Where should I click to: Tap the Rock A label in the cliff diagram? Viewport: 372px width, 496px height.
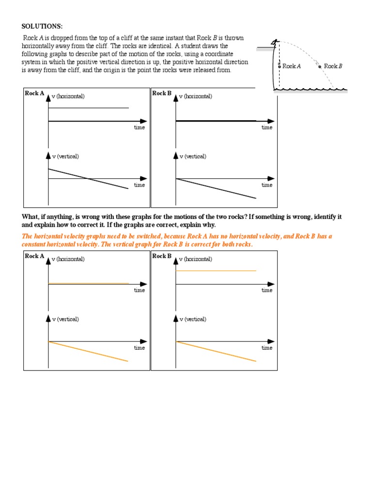292,66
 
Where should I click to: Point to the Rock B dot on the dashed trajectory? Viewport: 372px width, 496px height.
320,66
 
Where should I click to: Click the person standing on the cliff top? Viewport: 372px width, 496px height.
275,44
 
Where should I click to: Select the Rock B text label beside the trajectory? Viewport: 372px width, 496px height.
333,66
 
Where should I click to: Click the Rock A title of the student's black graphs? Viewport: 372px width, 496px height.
34,93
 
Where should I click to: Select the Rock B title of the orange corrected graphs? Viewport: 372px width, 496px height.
162,256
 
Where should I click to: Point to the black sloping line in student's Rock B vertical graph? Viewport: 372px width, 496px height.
216,188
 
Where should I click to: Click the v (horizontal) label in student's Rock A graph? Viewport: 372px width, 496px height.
68,96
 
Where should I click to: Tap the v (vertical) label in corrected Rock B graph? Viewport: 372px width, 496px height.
193,319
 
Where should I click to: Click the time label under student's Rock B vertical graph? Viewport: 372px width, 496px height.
267,185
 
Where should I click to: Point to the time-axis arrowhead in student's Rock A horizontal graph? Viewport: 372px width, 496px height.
144,121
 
